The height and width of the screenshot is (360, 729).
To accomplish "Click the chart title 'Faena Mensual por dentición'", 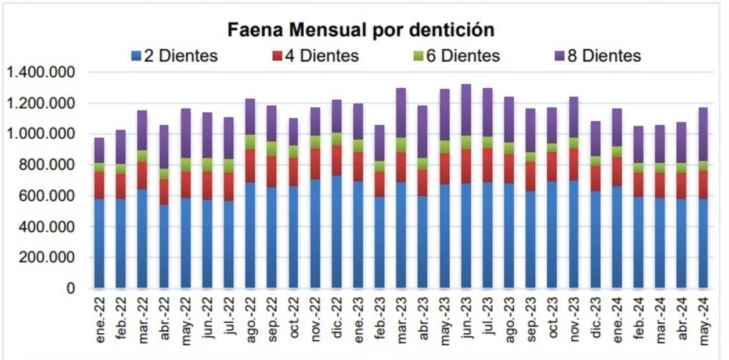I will point(360,30).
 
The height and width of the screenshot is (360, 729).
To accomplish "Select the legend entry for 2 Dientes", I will point(174,56).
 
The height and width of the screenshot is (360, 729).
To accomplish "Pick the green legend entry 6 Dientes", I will point(456,56).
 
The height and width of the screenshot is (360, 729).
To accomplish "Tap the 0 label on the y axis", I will point(71,289).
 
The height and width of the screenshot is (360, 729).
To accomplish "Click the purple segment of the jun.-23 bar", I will point(466,110).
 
